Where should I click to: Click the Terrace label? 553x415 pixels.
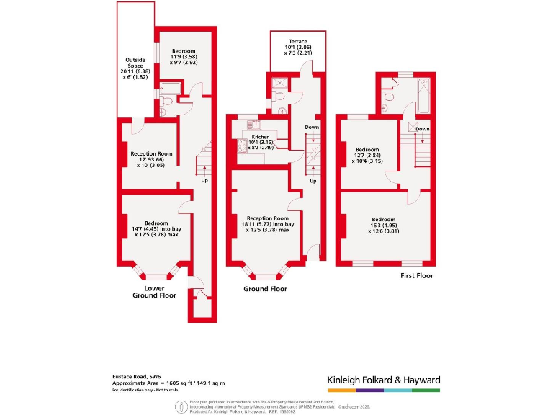(298, 42)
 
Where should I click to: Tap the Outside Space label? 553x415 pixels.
(135, 60)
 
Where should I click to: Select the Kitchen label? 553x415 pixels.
(261, 137)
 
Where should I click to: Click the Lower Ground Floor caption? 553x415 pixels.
(155, 292)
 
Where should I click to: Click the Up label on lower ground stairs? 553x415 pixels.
(205, 180)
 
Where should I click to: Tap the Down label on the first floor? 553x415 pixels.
(423, 129)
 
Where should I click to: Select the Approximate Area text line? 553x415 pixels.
(163, 383)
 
